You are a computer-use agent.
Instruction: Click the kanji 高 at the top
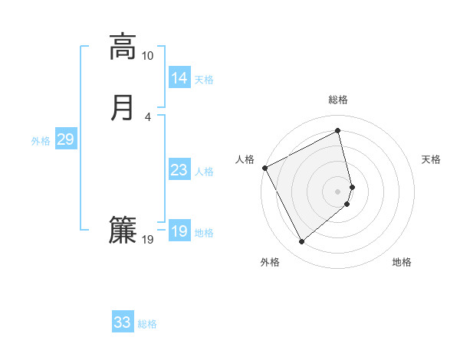pos(123,47)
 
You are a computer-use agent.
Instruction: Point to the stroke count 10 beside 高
pos(147,56)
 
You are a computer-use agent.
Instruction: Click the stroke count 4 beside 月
pos(148,116)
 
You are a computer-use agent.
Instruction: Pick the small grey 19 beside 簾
pos(147,240)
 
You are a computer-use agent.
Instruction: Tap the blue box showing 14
pos(179,78)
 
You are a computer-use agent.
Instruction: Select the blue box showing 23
pos(179,170)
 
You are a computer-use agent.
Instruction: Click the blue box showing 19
pos(179,231)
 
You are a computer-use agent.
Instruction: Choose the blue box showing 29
pos(65,139)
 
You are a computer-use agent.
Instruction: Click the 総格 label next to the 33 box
pos(147,324)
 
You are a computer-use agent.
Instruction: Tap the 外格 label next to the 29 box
pos(41,141)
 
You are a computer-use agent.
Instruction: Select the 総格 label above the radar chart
pos(338,100)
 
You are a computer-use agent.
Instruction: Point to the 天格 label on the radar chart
pos(431,159)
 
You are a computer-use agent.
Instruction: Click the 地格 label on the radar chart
pos(402,262)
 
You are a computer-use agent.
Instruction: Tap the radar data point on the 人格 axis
pos(265,168)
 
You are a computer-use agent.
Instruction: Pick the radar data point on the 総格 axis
pos(338,132)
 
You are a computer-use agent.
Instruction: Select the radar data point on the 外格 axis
pos(301,242)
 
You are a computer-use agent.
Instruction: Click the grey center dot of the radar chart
pos(338,190)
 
